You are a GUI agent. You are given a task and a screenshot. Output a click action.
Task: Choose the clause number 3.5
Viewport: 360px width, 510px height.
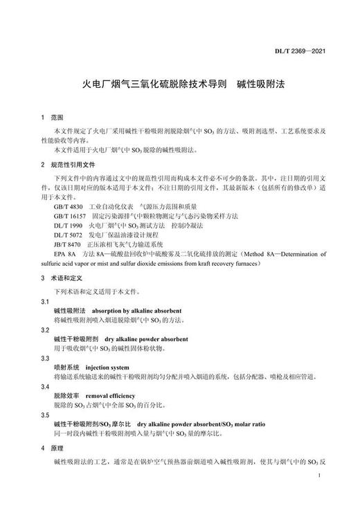click(45, 413)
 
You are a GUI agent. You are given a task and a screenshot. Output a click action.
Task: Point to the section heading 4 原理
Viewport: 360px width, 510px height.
click(51, 448)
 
